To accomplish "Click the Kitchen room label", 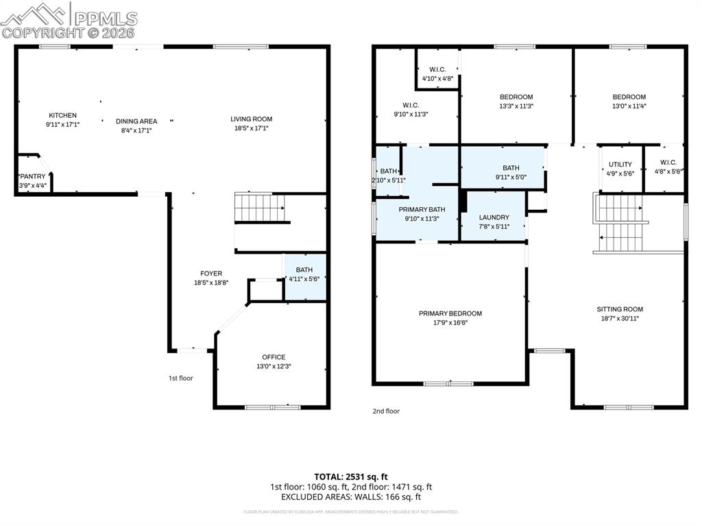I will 62,115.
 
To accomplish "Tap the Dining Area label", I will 136,121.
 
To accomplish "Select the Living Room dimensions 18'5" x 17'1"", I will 251,128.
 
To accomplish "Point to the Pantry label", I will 32,176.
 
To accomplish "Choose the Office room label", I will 274,357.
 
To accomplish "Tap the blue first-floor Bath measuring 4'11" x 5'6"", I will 304,274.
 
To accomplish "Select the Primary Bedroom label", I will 450,313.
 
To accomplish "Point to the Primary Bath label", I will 418,209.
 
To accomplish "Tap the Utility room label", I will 620,165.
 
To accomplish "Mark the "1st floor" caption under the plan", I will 181,378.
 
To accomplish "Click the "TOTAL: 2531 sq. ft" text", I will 351,476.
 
